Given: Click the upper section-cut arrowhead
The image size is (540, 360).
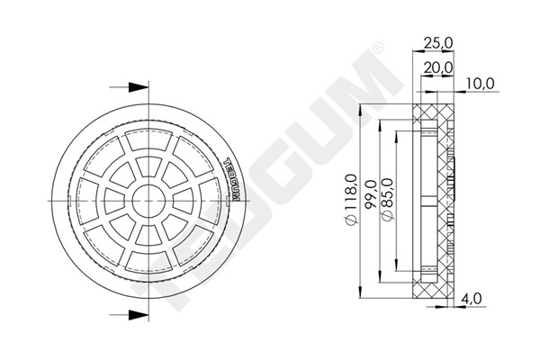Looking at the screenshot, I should [137, 87].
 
